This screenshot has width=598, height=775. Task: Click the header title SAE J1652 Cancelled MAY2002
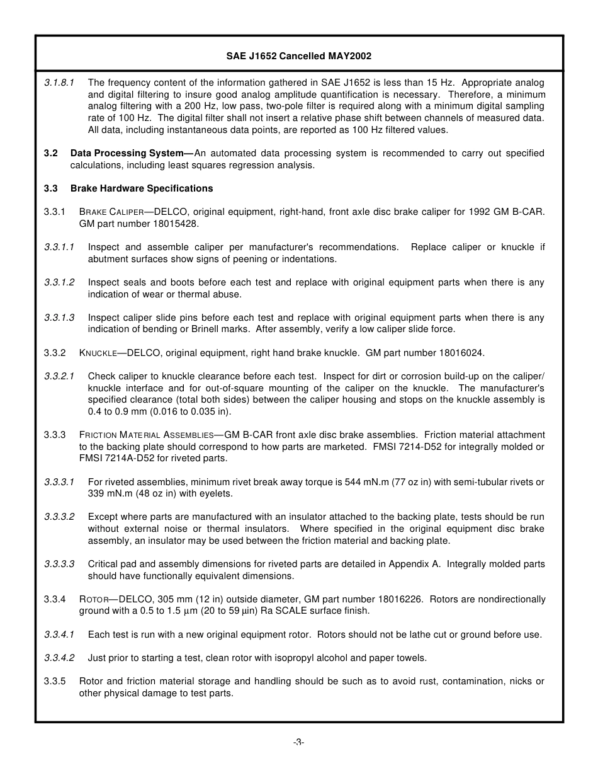pos(298,56)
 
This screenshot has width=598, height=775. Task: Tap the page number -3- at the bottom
pos(298,742)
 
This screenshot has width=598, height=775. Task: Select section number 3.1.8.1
pos(59,83)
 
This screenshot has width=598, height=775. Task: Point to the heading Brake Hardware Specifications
pos(142,188)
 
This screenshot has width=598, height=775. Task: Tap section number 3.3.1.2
pos(59,283)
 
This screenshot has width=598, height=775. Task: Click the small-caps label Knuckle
pos(98,353)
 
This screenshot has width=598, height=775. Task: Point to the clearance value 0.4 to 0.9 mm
pos(115,411)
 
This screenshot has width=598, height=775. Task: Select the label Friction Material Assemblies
pos(146,435)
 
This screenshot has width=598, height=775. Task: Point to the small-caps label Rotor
pos(94,599)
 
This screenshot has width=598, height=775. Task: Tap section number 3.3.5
pos(55,681)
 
